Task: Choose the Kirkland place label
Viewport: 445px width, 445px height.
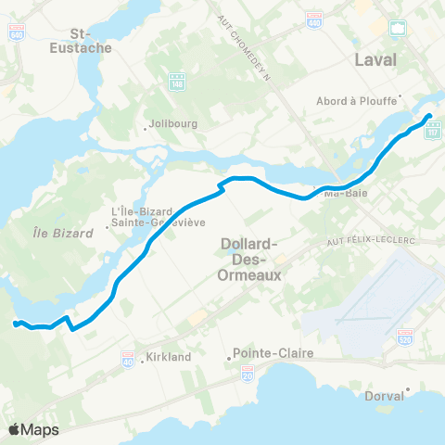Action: [x=167, y=356]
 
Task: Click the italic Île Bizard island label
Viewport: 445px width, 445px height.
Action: [x=62, y=234]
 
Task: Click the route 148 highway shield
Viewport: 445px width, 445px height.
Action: [x=178, y=83]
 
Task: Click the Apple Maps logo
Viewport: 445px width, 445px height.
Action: [x=33, y=429]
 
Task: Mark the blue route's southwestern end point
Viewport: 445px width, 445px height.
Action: [x=15, y=323]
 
